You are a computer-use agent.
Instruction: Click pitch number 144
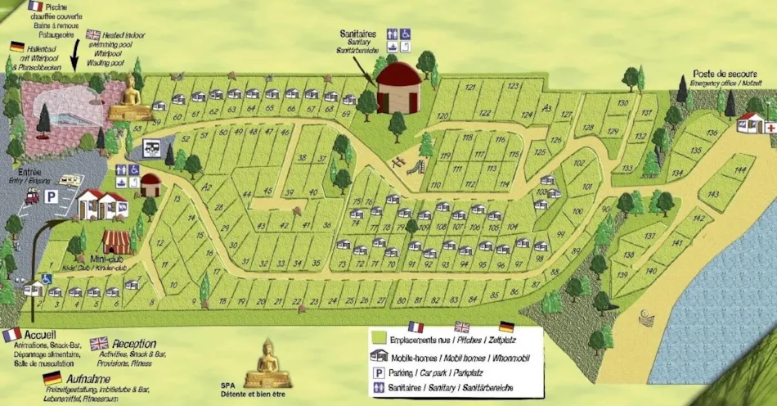click(x=740, y=170)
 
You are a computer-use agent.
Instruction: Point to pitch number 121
click(x=470, y=87)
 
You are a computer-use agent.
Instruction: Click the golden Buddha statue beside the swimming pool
click(x=129, y=100)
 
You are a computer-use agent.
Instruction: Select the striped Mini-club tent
click(x=117, y=241)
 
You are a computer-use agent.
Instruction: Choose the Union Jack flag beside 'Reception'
click(x=99, y=343)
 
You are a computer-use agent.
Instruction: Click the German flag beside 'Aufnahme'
click(x=52, y=377)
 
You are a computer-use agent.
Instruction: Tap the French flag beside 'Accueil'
click(x=11, y=334)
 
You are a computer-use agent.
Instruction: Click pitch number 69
click(x=348, y=100)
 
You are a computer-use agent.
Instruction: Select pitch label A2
click(x=207, y=187)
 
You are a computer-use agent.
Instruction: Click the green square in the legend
click(x=379, y=336)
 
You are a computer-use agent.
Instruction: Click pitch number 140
click(x=651, y=271)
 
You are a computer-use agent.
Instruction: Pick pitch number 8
click(x=152, y=303)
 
